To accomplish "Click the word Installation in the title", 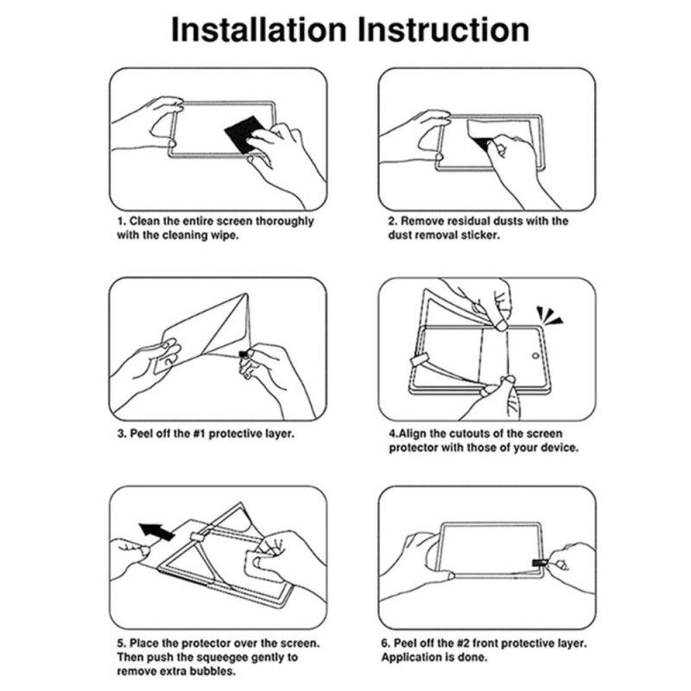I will coord(258,29).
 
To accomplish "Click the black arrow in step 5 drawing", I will coord(155,529).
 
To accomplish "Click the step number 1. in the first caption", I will coord(122,221).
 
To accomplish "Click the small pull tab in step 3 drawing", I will coord(244,353).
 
